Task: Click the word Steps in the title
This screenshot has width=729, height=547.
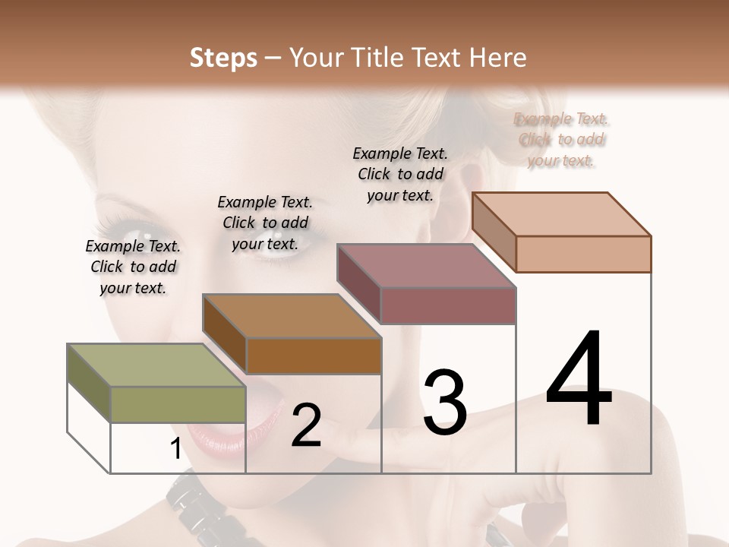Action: point(223,58)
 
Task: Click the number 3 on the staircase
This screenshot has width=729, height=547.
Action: point(444,402)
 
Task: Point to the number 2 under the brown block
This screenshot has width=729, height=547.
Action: point(306,425)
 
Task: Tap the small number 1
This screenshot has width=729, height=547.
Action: point(175,449)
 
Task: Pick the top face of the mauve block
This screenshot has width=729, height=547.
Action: point(426,266)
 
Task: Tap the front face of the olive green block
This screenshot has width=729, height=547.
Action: point(178,404)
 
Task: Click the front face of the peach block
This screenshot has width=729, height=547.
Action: point(583,254)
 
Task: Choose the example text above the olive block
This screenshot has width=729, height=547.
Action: point(133,267)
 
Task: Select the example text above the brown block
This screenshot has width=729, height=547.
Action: point(265,223)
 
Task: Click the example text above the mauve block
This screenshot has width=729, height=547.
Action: point(400,174)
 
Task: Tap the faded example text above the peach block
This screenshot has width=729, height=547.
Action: point(561,139)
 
